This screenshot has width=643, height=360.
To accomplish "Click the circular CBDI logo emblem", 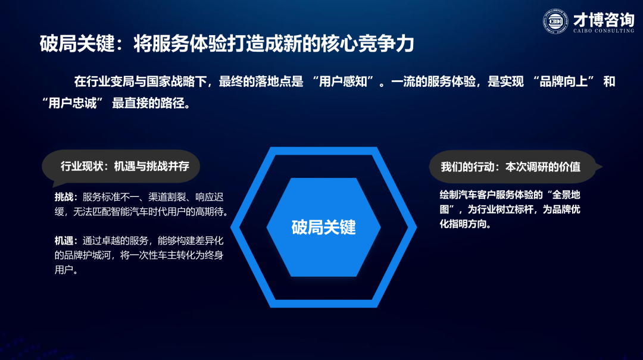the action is [555, 21].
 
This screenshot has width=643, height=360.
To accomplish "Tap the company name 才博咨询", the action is [604, 19].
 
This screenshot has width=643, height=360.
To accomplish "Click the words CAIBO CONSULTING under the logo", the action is [604, 31].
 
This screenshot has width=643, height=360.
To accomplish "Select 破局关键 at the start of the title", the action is [77, 43].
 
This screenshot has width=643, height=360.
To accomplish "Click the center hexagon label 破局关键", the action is [323, 227].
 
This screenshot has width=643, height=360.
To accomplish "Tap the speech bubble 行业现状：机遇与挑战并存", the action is [121, 166].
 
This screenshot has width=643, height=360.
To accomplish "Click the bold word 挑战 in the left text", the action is [64, 197].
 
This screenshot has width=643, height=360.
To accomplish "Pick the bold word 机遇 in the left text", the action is [64, 240].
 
